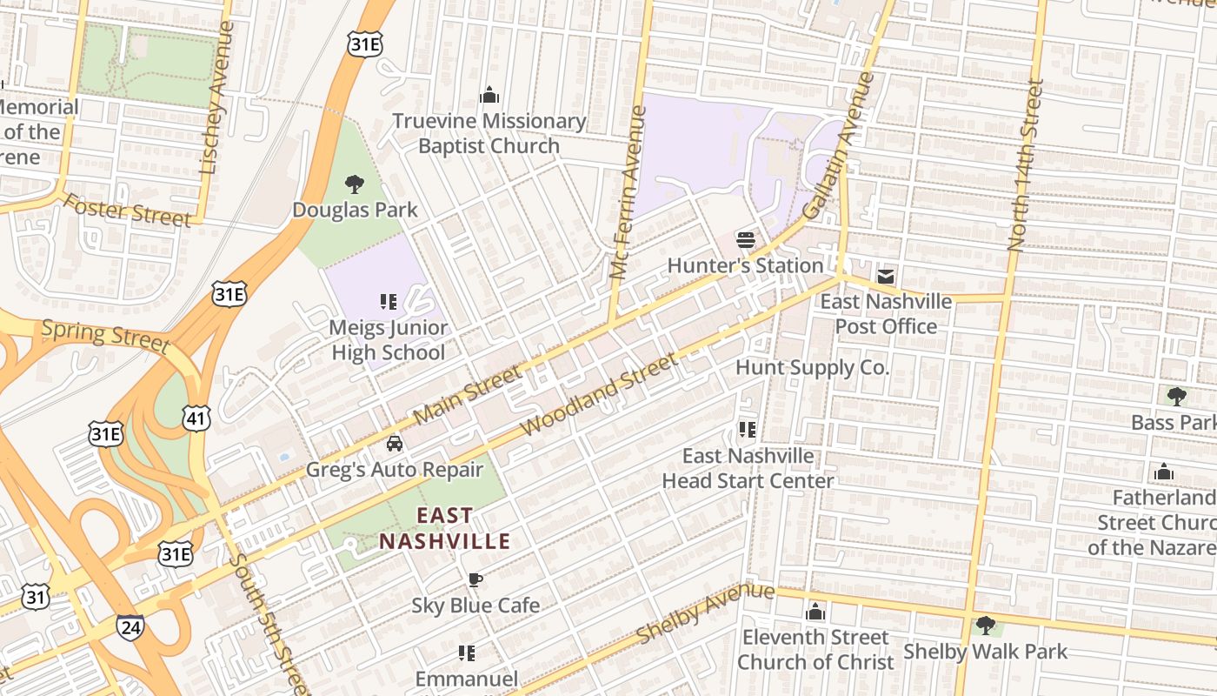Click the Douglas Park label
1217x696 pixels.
click(x=355, y=210)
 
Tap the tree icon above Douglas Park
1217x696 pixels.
click(x=354, y=184)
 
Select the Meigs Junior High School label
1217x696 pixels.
click(x=389, y=340)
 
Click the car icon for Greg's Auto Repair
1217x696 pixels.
click(x=395, y=444)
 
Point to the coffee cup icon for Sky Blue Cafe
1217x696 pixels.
click(x=475, y=579)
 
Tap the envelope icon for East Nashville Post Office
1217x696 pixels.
click(x=886, y=277)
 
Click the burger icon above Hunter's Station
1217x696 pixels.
click(x=745, y=239)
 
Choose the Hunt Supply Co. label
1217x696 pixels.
click(x=812, y=367)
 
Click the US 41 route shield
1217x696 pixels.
click(x=196, y=418)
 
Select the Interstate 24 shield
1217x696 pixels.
click(x=130, y=628)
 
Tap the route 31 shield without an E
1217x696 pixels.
click(x=36, y=598)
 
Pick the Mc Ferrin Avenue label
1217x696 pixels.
click(x=628, y=192)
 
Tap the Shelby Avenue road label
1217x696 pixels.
click(x=705, y=613)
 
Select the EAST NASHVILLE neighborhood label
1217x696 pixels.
click(x=444, y=528)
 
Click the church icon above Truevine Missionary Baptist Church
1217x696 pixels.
click(x=489, y=95)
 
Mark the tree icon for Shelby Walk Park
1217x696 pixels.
click(x=985, y=625)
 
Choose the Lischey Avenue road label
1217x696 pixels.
click(x=216, y=98)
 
